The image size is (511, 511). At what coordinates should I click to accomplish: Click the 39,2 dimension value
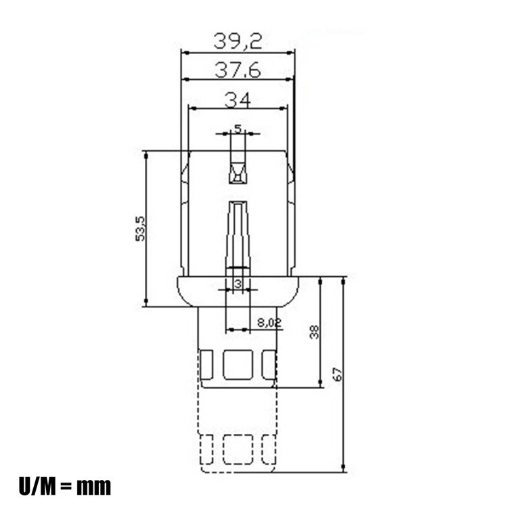tap(238, 41)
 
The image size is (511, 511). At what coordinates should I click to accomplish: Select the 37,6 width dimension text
tap(238, 69)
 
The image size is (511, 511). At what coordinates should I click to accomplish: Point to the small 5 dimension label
tap(238, 127)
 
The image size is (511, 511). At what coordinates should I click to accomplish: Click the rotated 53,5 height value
tap(140, 229)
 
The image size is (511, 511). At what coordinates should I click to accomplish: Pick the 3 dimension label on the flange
tap(238, 283)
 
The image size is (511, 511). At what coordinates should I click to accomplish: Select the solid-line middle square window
tap(238, 365)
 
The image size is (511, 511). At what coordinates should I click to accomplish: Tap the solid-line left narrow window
tap(208, 365)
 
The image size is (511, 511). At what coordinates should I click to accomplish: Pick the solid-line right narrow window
tap(269, 365)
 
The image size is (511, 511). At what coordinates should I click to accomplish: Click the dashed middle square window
tap(238, 449)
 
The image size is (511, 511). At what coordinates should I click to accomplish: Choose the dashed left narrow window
tap(208, 449)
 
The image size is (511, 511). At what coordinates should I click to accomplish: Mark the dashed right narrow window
tap(269, 449)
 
